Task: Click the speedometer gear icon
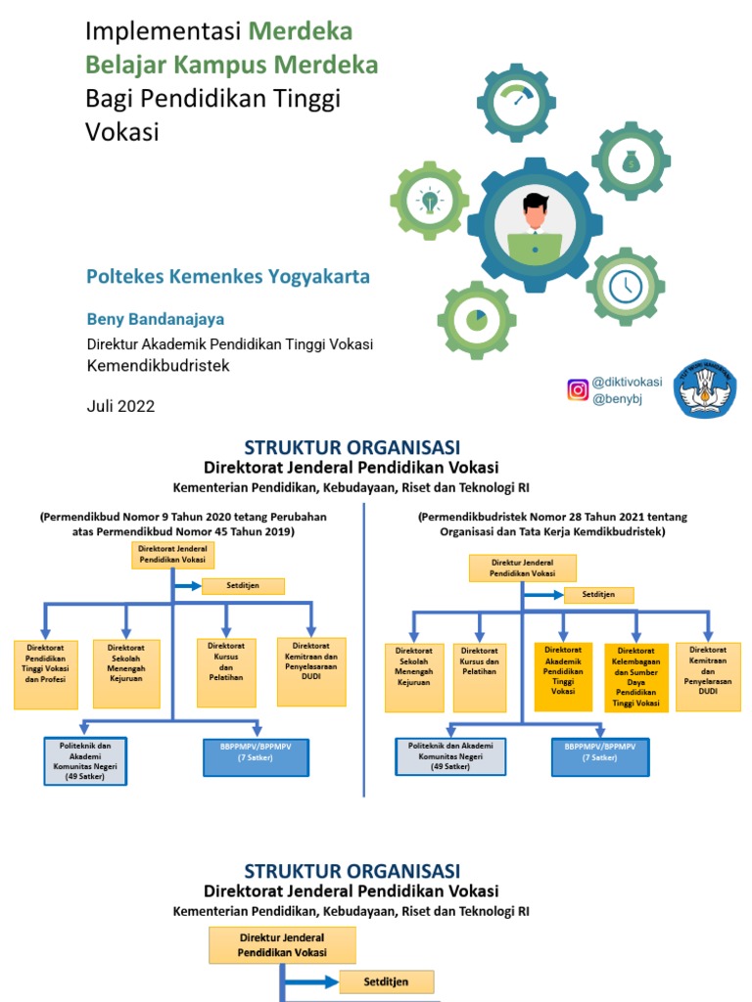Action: (x=516, y=102)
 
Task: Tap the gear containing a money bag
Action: (x=632, y=161)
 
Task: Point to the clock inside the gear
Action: (x=625, y=286)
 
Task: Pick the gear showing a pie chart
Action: (x=476, y=319)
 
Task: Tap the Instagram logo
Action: (x=578, y=389)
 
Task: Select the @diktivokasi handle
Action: (x=627, y=382)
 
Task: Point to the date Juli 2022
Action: (x=120, y=405)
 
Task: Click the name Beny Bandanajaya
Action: (x=156, y=319)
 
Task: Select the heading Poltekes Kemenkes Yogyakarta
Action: (x=228, y=277)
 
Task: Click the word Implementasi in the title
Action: (x=163, y=31)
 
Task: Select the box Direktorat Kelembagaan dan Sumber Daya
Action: (x=635, y=675)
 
